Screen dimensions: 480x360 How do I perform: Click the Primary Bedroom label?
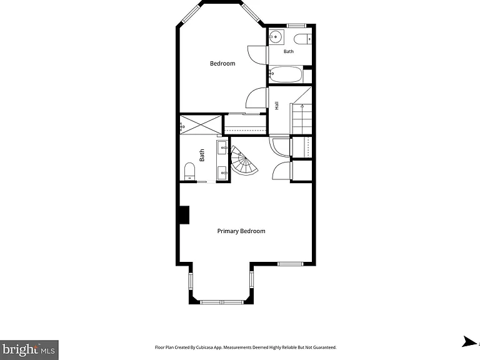[x=241, y=231]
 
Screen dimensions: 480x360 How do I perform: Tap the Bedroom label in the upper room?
[x=222, y=63]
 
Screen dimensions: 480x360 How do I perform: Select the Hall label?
[x=277, y=106]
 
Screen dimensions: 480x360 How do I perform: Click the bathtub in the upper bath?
[x=286, y=74]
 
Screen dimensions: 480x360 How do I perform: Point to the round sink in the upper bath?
[x=276, y=37]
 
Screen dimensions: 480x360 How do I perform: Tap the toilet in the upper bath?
[x=302, y=39]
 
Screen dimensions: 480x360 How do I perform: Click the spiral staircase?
[x=243, y=161]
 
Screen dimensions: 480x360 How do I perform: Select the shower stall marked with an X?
[x=201, y=124]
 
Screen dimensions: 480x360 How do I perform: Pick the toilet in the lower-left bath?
[x=189, y=171]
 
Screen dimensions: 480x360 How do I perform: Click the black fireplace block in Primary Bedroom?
[x=184, y=215]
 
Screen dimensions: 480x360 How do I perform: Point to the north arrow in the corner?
[x=469, y=342]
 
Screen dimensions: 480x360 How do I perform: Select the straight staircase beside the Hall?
[x=301, y=119]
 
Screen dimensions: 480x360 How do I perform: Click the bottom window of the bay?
[x=222, y=302]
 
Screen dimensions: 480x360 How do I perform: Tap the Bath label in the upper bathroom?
[x=288, y=51]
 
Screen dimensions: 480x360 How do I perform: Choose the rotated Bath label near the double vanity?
[x=202, y=155]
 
